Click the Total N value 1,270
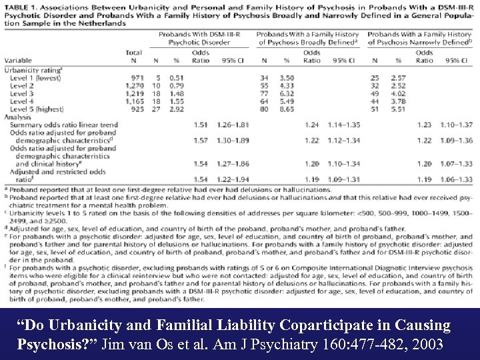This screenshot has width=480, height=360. (x=133, y=85)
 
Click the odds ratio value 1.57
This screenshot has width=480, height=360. (x=200, y=141)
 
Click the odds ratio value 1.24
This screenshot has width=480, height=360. (x=311, y=125)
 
